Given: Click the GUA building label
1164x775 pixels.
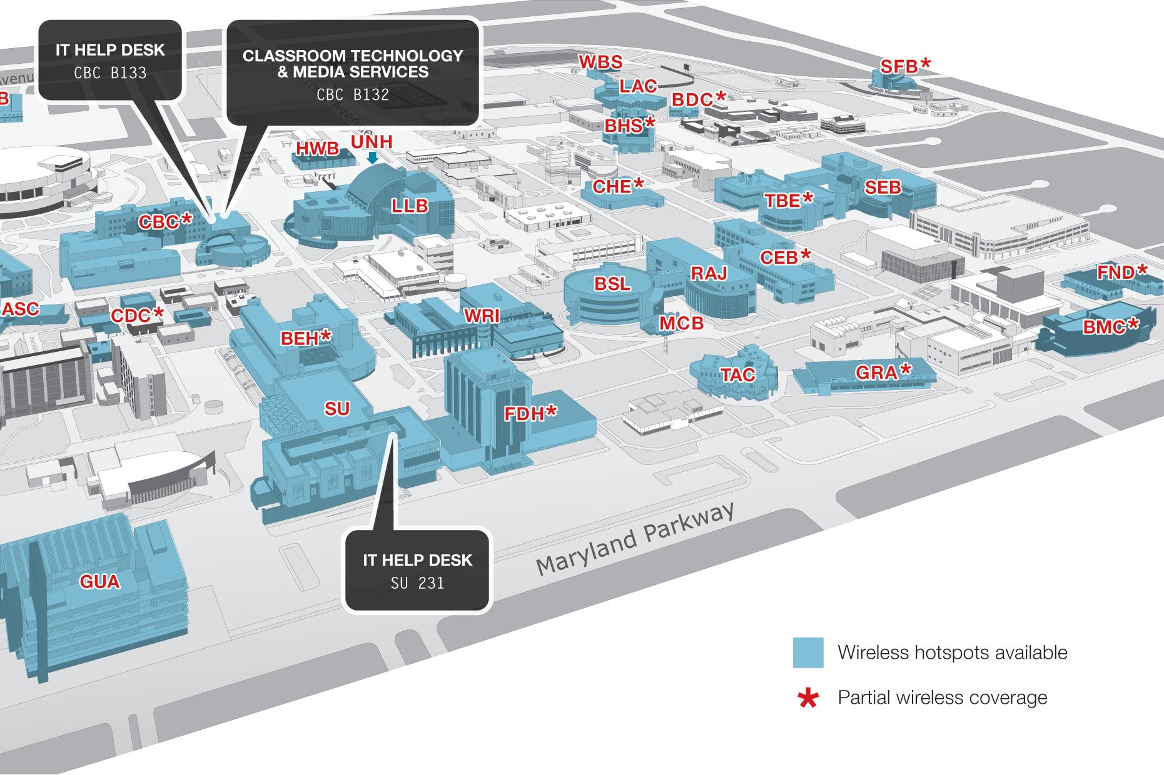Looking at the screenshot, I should (x=100, y=582).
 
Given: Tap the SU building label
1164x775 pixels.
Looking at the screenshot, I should (x=337, y=409).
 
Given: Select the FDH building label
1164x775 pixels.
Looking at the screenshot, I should (x=531, y=413).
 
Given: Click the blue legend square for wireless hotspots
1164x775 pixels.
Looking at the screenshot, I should (x=807, y=652).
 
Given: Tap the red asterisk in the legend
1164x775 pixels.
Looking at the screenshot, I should (x=808, y=699).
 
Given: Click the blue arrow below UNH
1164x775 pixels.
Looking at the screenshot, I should (x=372, y=159).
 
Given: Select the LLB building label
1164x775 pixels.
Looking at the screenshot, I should (x=410, y=205).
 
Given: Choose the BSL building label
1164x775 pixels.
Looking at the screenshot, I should (x=612, y=284).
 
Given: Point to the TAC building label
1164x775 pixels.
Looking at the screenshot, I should (x=738, y=374).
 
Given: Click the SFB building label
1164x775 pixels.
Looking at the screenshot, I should (x=905, y=66).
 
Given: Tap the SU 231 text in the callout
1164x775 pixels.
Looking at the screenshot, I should (x=417, y=583).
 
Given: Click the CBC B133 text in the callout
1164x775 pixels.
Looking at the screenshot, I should (x=110, y=73).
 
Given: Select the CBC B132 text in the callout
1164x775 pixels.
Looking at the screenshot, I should (x=353, y=94).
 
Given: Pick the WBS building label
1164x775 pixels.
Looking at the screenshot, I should (x=600, y=62).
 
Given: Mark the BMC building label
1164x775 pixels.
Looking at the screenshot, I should (x=1111, y=326).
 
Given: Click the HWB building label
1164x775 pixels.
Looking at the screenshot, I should (x=317, y=149).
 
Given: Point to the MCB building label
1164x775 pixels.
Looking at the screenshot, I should (x=681, y=322).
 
